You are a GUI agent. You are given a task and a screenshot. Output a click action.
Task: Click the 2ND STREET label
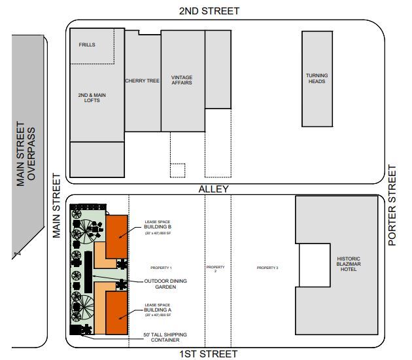(209, 10)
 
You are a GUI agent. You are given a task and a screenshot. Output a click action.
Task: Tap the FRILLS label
(87, 45)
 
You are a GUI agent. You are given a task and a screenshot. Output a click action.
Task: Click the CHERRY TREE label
(143, 81)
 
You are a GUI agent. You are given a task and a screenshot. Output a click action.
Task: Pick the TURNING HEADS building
(317, 79)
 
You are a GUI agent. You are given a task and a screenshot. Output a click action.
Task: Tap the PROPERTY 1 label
(161, 268)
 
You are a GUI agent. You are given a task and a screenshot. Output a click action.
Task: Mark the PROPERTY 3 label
(267, 268)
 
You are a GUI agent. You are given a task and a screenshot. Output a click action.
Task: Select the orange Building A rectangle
(116, 314)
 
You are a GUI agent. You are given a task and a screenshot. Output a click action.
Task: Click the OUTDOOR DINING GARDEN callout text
(165, 283)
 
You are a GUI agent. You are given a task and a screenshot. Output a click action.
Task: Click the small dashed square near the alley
(177, 170)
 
